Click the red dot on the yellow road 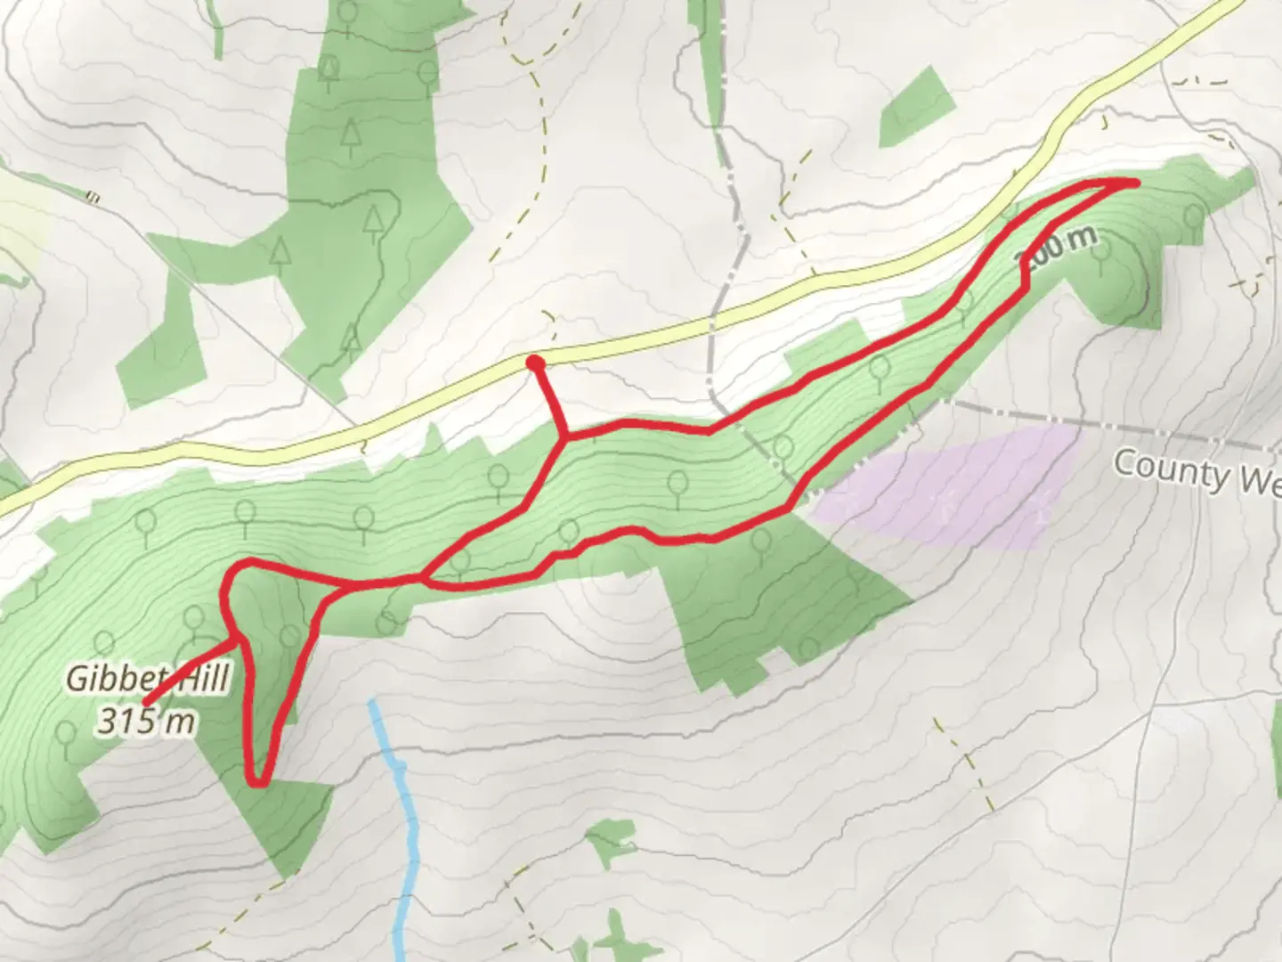coord(535,363)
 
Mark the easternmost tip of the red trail coord(1137,183)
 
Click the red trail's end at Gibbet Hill coord(145,702)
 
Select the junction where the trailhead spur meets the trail coord(564,437)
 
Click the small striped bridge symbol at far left coord(91,195)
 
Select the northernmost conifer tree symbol coord(330,69)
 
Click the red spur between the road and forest coord(548,396)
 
